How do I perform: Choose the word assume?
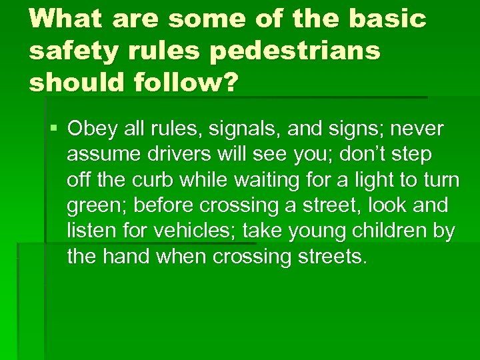(101, 155)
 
